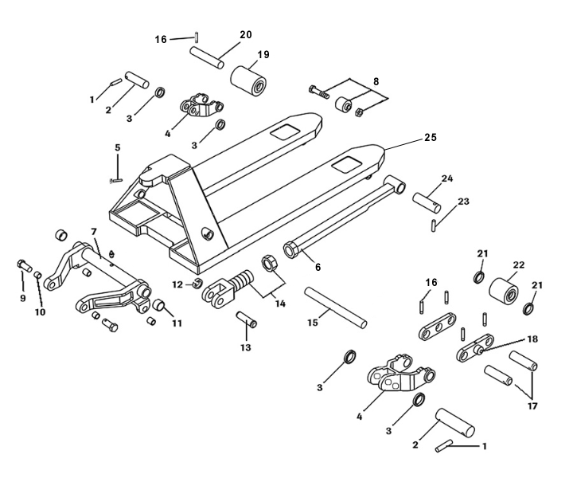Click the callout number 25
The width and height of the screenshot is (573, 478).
(x=430, y=137)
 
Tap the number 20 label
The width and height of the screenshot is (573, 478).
(x=245, y=34)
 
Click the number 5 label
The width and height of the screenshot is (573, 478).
(x=117, y=147)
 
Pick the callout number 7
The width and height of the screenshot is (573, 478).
(x=93, y=231)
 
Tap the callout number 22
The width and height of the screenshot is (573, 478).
(x=520, y=264)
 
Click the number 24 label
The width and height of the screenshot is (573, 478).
(x=447, y=178)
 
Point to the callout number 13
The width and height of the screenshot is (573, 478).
(x=246, y=347)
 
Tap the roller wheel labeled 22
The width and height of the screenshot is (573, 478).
(x=504, y=292)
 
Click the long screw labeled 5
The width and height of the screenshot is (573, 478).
(x=115, y=169)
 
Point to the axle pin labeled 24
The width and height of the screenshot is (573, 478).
(x=426, y=198)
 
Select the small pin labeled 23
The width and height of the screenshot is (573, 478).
(x=434, y=225)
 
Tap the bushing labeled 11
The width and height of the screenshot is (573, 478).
(x=159, y=306)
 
